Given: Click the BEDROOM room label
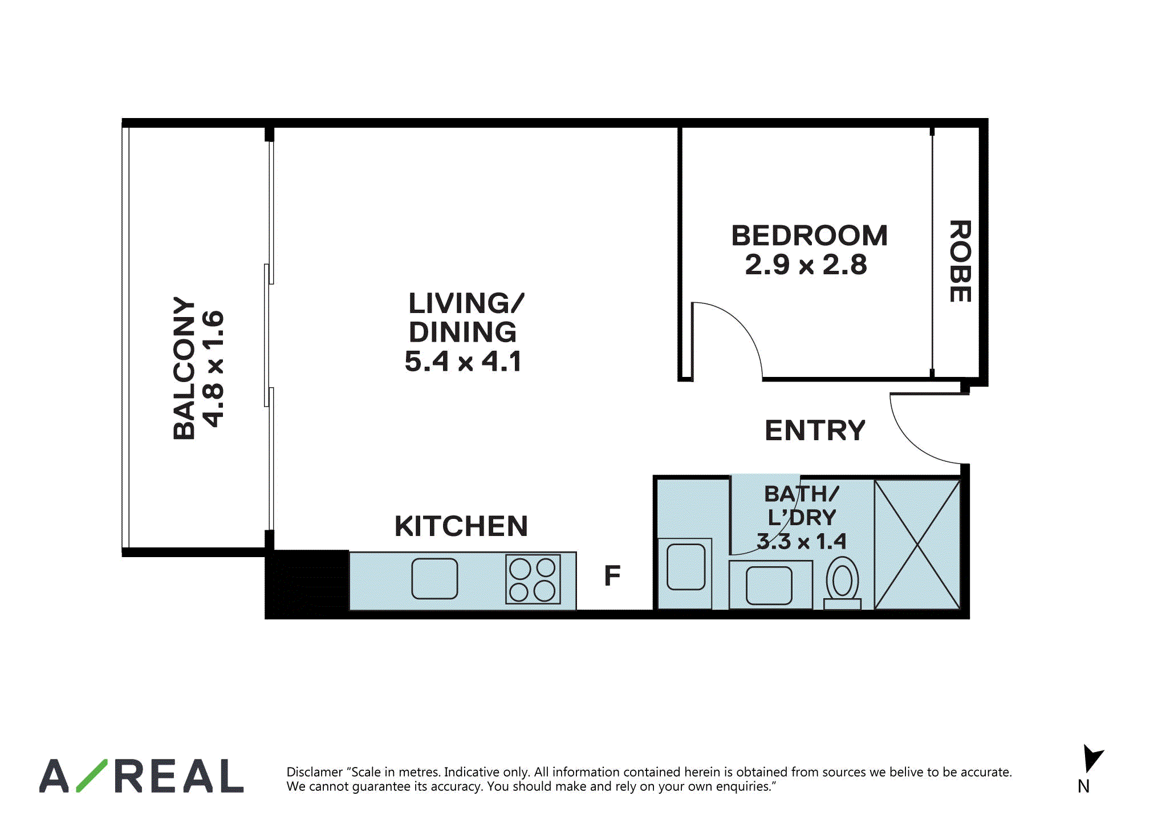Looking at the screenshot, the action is point(809,236).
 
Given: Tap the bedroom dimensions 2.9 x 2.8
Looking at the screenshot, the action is point(806,265).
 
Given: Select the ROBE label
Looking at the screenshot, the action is point(960,261).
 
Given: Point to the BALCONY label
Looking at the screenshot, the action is point(184,368).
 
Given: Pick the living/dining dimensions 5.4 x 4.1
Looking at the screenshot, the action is point(463,362).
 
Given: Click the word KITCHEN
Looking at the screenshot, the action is point(461,526).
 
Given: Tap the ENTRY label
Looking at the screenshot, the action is point(815,430).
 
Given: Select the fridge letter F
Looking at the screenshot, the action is point(612,575).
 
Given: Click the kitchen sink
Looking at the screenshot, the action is point(434,578).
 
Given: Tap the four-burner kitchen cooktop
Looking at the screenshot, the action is point(533,579).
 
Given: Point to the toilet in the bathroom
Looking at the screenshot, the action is point(842,583).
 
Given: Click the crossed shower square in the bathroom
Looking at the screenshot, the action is point(917,545).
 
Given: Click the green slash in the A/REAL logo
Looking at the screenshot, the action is point(92,776).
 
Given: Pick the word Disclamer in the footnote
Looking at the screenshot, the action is point(314,772).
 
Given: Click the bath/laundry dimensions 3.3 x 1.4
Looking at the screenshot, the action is point(801,542).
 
